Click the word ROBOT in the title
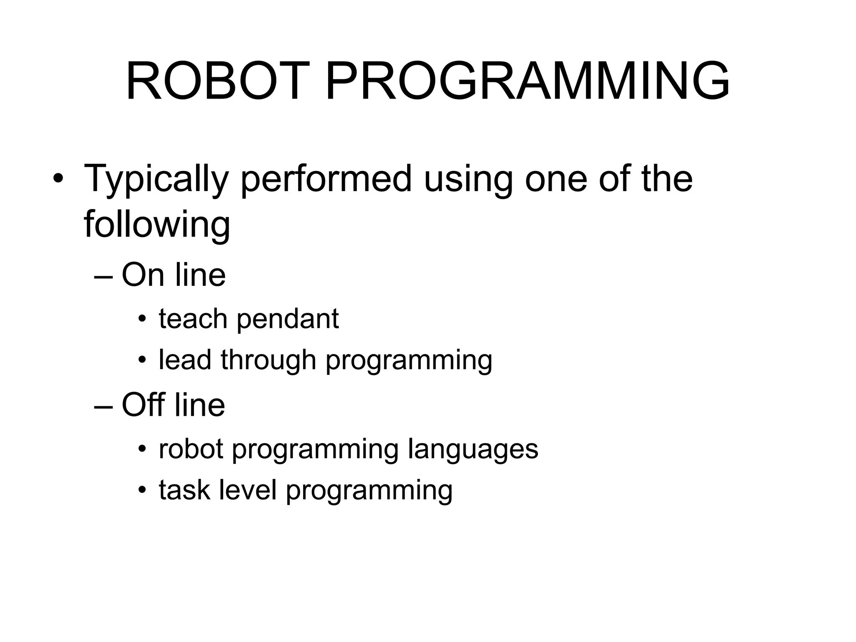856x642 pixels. coord(213,81)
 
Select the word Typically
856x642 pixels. coord(156,179)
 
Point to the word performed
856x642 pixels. coord(326,179)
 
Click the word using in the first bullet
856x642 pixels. coord(468,179)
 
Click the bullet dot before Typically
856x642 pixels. coord(58,179)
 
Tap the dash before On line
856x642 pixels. coord(104,276)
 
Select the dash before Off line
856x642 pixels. coord(104,406)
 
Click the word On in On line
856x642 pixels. coord(143,275)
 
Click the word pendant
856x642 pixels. coord(288,320)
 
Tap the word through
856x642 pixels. coord(268,360)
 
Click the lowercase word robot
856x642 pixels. coord(191,449)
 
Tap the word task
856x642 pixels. coord(184,490)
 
